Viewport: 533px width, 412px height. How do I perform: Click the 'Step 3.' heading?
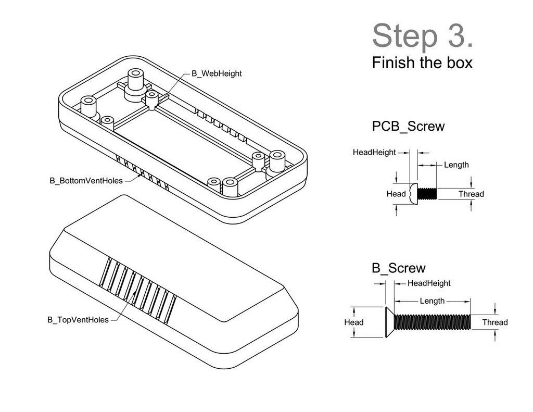tap(423, 35)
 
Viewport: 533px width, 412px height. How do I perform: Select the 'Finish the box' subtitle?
tap(422, 63)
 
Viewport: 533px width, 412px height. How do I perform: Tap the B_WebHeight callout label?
tap(217, 74)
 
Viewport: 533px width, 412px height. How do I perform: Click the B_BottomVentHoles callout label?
tap(86, 181)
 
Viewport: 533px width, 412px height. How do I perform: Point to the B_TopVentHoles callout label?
tap(78, 320)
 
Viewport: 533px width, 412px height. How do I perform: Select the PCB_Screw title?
tap(408, 126)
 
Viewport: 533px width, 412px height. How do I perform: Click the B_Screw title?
tap(398, 268)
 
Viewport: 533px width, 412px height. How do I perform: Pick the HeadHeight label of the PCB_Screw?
tap(374, 153)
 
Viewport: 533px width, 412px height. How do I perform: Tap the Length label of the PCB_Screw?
tap(456, 165)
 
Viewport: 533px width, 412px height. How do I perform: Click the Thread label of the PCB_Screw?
tap(471, 194)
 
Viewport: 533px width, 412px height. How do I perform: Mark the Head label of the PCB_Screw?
tap(396, 194)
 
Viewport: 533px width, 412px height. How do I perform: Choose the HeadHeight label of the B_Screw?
tap(428, 283)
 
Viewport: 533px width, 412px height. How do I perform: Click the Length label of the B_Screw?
tap(432, 301)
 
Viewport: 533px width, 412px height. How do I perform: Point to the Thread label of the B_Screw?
tap(494, 322)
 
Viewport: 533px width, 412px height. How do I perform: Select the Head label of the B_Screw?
tap(354, 322)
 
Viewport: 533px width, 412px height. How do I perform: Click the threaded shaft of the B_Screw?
tap(432, 322)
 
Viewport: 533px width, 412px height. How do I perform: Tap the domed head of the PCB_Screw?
tap(413, 194)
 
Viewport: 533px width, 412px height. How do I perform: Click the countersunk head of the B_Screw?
tap(389, 322)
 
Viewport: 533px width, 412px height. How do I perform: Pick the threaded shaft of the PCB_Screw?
tap(427, 194)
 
